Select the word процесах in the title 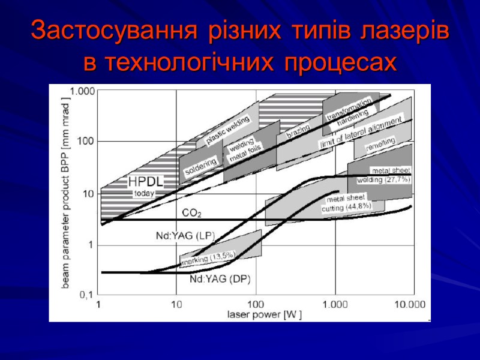(340, 61)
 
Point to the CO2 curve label (192, 212)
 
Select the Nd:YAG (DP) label (220, 279)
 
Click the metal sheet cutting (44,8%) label (347, 203)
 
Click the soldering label (200, 166)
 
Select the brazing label (298, 131)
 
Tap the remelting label (380, 143)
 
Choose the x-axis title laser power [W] (264, 314)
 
